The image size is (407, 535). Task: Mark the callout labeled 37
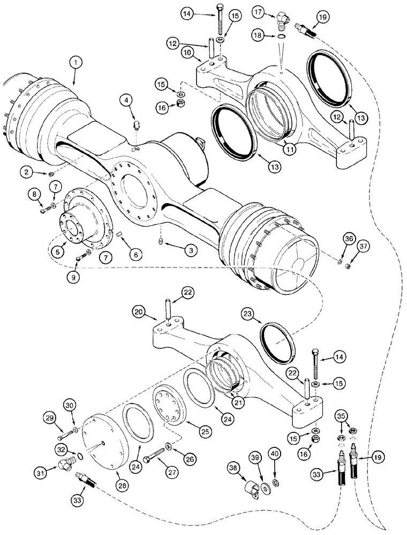click(x=364, y=247)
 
